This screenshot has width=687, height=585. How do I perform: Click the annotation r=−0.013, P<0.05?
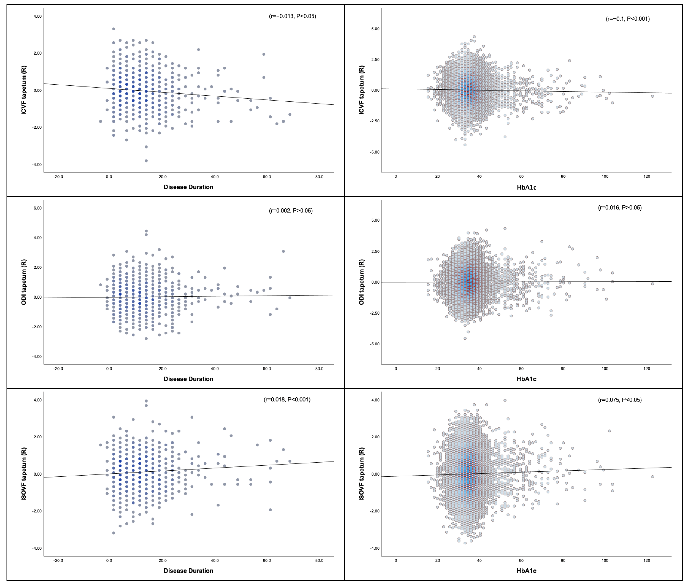click(292, 16)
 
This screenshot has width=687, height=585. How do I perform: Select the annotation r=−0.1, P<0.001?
click(628, 19)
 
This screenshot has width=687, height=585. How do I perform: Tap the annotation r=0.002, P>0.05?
click(291, 211)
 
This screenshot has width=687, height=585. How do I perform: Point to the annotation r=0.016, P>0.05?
click(620, 208)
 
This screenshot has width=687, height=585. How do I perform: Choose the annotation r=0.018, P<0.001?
click(287, 400)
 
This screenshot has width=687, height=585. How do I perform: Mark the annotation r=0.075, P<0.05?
click(620, 400)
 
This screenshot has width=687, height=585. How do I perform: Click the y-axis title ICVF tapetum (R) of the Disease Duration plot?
click(24, 90)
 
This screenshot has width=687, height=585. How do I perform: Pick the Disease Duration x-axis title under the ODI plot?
click(188, 379)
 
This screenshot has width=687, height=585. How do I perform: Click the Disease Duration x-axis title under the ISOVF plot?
click(188, 571)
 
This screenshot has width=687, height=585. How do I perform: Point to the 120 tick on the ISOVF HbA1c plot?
click(647, 561)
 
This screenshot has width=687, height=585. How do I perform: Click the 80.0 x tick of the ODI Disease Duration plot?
click(319, 369)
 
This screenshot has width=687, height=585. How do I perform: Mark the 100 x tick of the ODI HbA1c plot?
click(605, 369)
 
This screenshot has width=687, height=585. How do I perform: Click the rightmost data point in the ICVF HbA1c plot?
click(652, 96)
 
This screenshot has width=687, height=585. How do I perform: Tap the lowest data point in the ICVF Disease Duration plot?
click(146, 161)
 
